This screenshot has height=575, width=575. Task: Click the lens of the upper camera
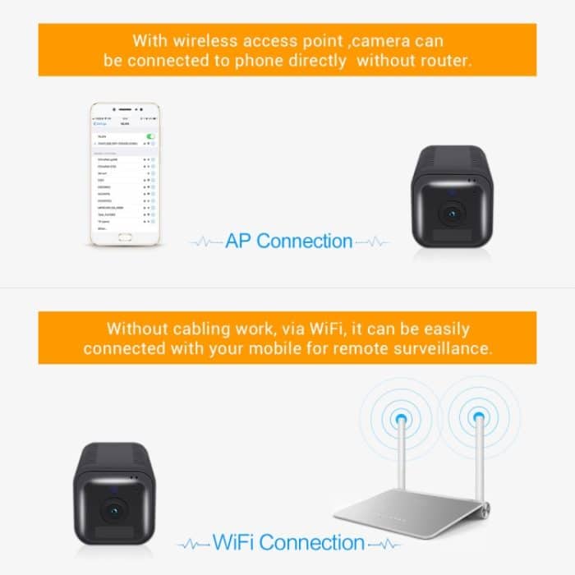(x=450, y=213)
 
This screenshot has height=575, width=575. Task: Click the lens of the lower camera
(x=111, y=508)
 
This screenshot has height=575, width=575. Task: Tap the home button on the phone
(x=125, y=238)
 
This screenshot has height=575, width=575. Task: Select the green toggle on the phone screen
(x=150, y=136)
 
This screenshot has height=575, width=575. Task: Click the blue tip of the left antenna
(x=399, y=420)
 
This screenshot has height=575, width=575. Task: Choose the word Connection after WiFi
(x=312, y=542)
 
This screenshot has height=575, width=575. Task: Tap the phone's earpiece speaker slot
(x=124, y=109)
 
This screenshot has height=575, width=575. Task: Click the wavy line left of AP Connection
(x=205, y=242)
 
